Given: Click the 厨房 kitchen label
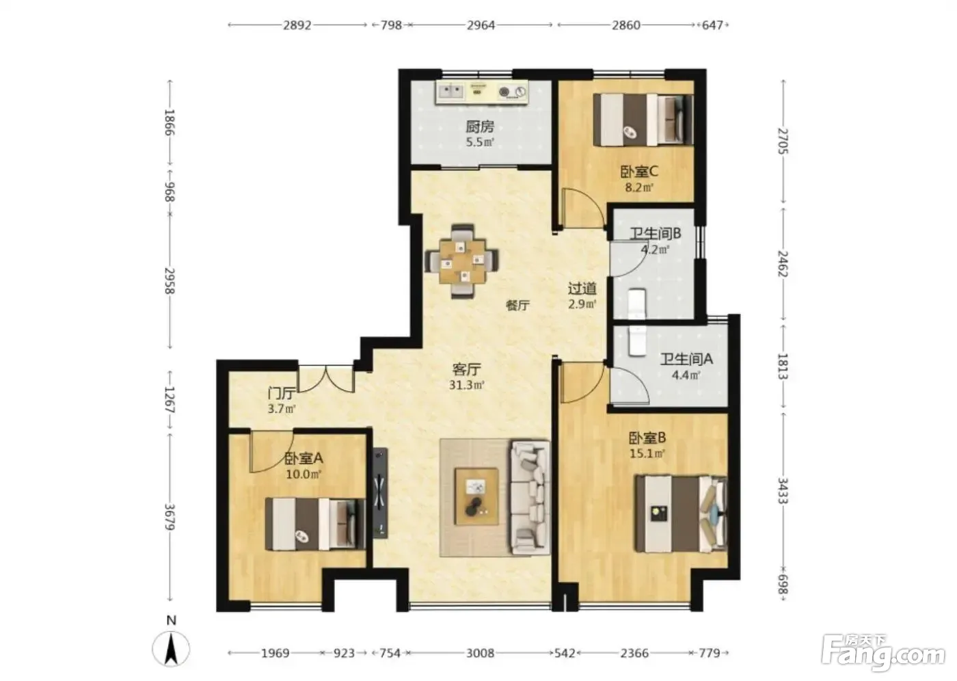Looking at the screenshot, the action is pos(480,127).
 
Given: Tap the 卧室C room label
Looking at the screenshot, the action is pos(638,172).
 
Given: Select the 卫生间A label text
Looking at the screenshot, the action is pos(686,359).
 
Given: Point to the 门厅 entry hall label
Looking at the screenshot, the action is pos(282,393).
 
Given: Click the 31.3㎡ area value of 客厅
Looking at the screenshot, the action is pos(466,385).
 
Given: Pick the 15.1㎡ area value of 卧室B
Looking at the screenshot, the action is pos(648,453).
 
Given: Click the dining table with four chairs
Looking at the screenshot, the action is pos(462,261).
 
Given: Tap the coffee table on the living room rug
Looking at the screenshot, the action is pos(476,496).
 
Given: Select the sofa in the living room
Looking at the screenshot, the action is pos(530,498).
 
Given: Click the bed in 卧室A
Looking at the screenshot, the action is pos(315,524).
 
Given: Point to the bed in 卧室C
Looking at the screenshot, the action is pos(643,120).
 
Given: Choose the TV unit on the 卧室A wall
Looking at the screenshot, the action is pos(380,492).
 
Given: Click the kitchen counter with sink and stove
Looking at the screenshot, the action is pos(482,92).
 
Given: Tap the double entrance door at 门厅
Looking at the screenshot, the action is pos(327,379).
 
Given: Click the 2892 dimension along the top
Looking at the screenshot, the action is pos(297,25).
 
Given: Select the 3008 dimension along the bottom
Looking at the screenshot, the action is pos(480,653).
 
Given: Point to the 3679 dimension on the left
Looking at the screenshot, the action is pos(170,518).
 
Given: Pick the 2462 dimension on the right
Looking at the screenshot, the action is pos(783,264).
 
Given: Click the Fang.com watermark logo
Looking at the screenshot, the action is pos(883,656).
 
